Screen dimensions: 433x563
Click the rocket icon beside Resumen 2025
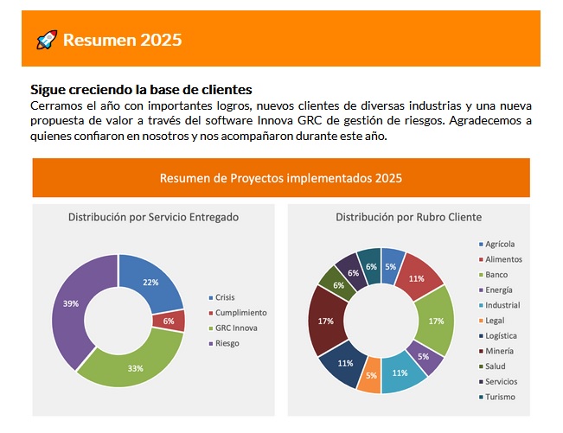[47, 39]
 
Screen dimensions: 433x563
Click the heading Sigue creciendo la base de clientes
[141, 89]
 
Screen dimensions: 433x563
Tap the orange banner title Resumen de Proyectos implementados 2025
[281, 178]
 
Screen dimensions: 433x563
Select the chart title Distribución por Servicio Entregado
[153, 217]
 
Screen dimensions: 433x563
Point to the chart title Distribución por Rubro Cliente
[408, 217]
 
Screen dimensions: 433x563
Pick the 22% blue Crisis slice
[151, 282]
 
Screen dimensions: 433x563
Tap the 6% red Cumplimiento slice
[169, 321]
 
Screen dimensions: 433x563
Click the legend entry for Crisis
[225, 296]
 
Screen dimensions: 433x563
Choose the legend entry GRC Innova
[235, 328]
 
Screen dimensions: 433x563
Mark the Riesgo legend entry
[227, 343]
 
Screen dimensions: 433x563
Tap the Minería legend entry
[499, 351]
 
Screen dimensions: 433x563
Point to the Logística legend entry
[501, 335]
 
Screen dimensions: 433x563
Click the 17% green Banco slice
[436, 321]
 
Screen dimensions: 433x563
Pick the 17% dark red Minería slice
[325, 321]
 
